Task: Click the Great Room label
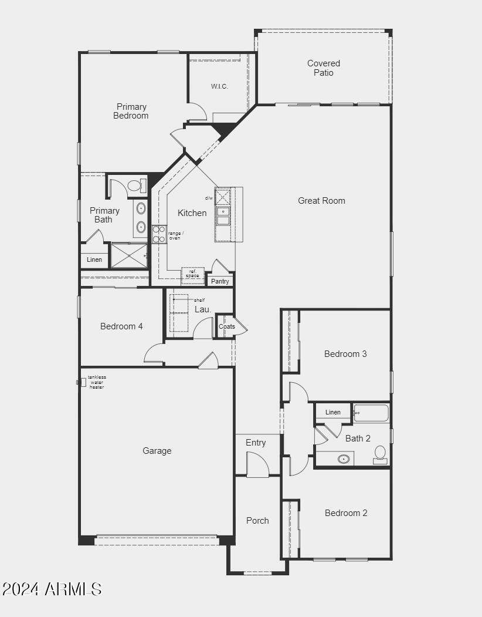[321, 201]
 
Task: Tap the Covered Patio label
[324, 68]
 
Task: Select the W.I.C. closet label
[219, 86]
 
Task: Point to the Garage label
[157, 451]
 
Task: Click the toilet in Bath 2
[380, 455]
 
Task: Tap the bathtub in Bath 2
[371, 413]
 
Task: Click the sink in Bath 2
[344, 459]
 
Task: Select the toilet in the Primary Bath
[136, 186]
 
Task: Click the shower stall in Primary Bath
[129, 255]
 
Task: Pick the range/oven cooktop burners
[159, 234]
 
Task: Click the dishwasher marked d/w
[222, 196]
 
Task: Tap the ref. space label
[193, 274]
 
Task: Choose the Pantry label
[220, 281]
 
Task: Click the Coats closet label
[227, 326]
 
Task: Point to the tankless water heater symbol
[82, 382]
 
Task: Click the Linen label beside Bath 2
[333, 412]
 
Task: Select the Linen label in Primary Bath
[94, 259]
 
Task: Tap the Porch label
[257, 521]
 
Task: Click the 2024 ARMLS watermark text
[52, 589]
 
